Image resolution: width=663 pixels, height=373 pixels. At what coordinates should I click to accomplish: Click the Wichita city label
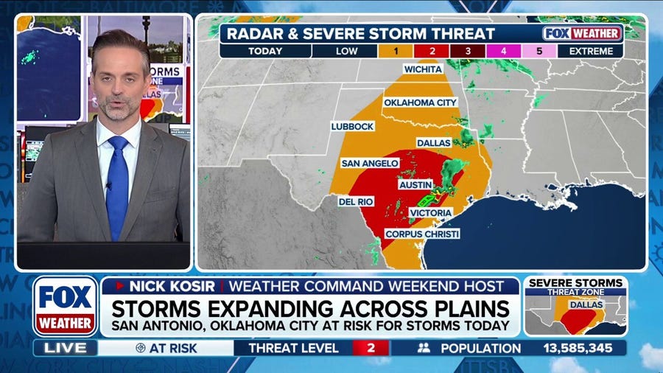point(423,69)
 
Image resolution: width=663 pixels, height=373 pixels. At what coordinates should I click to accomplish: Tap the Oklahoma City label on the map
point(421,102)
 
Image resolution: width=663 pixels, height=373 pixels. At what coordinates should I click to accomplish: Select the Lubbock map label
point(353,126)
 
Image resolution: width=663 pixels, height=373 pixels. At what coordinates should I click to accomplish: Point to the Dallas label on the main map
point(433,142)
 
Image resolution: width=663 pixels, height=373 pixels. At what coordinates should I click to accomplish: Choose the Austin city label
point(415,184)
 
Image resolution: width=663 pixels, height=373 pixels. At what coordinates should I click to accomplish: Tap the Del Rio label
point(356,201)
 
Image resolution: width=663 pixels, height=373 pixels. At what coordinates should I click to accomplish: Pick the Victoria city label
point(431,212)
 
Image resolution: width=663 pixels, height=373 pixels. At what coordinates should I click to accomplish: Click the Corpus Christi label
point(422,234)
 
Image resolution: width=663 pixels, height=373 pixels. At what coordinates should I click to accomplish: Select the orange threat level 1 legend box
point(398,52)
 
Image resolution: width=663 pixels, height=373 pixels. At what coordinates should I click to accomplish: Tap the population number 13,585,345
point(583,347)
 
